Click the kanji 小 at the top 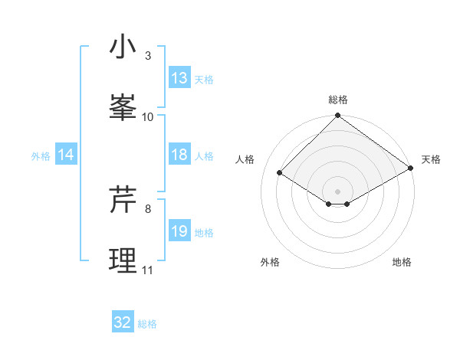[123, 47]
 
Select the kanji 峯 [123, 108]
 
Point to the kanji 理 [123, 261]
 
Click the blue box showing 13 [179, 78]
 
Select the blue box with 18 [179, 155]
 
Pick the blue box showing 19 [179, 231]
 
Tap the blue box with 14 [66, 155]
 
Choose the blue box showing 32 [123, 322]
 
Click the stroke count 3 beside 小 [148, 56]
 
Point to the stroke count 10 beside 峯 [148, 117]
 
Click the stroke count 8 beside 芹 [148, 208]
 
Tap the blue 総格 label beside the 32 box [148, 324]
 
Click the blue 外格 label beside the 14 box [41, 156]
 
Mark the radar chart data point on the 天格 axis [411, 170]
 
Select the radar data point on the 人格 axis [280, 173]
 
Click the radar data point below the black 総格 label [337, 116]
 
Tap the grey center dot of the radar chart [337, 191]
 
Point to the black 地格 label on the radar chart [402, 262]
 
